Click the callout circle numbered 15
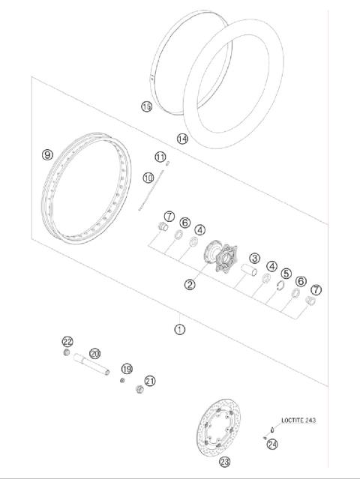click(146, 106)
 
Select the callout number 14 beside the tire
click(182, 139)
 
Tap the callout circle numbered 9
click(47, 155)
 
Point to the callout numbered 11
click(160, 157)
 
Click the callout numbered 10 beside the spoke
click(148, 178)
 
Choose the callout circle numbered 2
click(190, 285)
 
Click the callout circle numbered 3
click(254, 258)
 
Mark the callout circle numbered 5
click(286, 274)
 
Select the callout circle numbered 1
click(180, 329)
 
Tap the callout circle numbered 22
click(67, 341)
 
